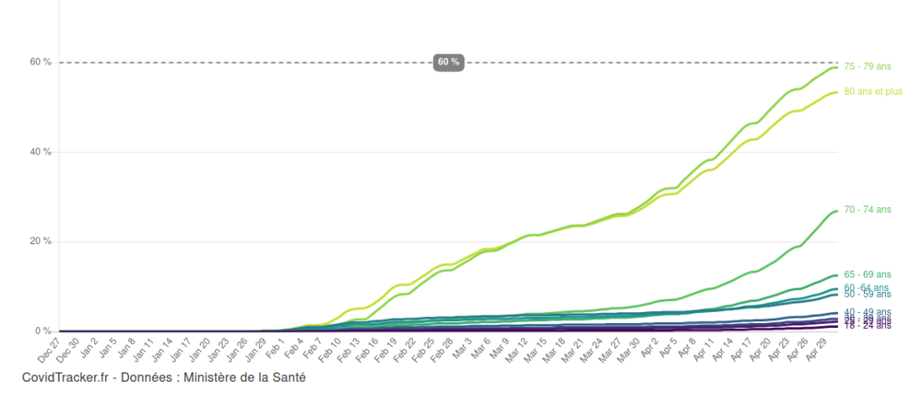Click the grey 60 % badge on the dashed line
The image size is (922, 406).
(x=448, y=62)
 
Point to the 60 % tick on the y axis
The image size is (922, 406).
(x=41, y=63)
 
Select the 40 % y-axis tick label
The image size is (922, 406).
(x=41, y=152)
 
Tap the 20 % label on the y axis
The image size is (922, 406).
(x=41, y=241)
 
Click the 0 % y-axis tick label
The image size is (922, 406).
(x=43, y=331)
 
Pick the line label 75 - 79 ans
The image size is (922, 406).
(x=868, y=66)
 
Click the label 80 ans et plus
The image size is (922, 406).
(x=873, y=91)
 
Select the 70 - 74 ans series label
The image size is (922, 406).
(x=868, y=210)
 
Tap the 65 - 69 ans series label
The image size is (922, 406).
(x=868, y=274)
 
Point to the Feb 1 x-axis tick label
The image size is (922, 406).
(x=275, y=347)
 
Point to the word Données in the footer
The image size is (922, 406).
(x=155, y=377)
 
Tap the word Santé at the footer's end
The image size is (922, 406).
(x=287, y=377)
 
